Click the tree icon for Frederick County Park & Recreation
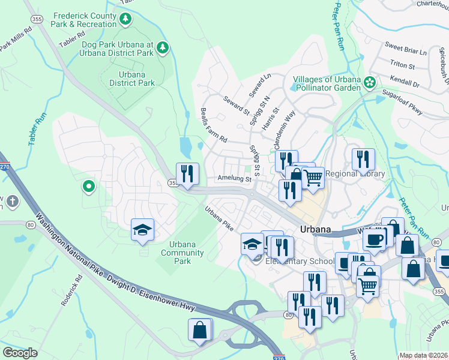coord(125,19)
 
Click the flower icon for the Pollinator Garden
coord(370,83)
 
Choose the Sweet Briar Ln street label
coord(405,47)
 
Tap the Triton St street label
coord(402,65)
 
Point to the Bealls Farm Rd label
coord(214,125)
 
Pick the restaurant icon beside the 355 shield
coord(187,173)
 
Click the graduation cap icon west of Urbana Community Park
coord(143,229)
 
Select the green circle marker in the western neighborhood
coord(89,187)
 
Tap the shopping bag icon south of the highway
coord(199,330)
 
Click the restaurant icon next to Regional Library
coord(363,159)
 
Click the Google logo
coord(20,353)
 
